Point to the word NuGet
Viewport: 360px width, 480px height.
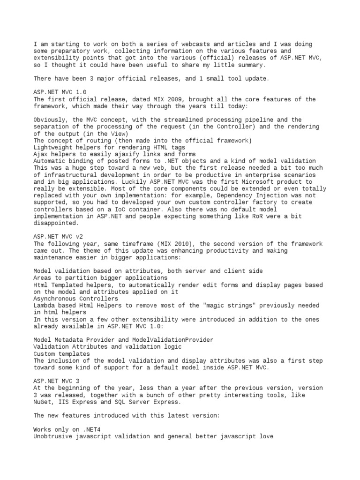43,402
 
